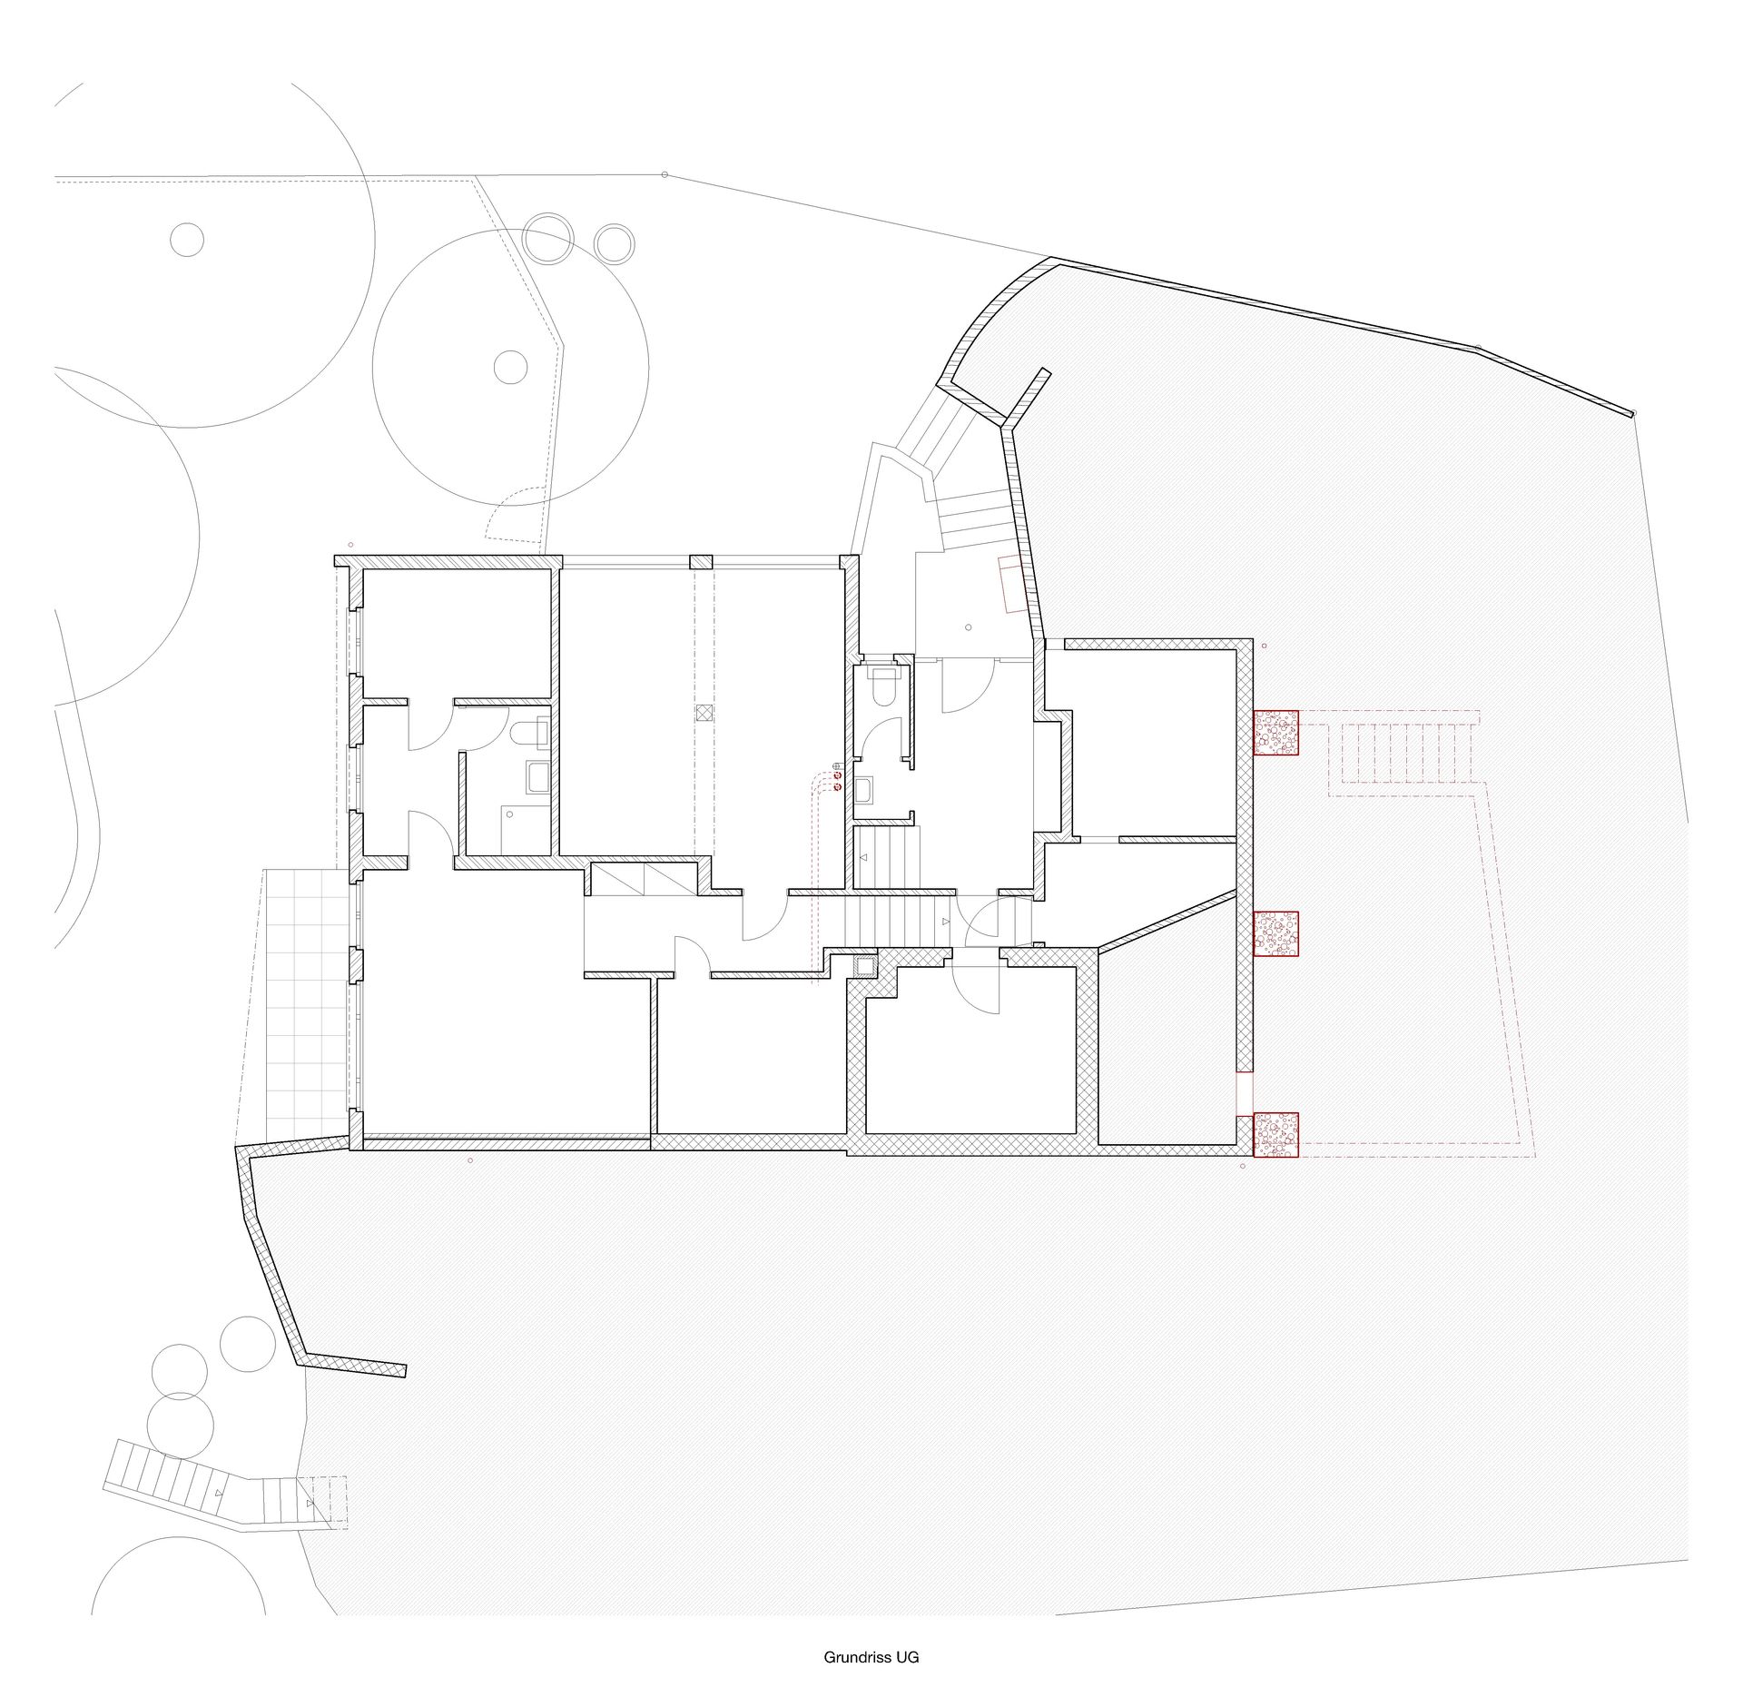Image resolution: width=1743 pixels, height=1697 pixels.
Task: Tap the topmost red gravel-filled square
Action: pos(1276,733)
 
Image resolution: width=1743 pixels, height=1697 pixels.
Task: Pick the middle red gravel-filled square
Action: pos(1276,933)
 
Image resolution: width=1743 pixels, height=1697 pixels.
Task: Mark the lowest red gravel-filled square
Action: pos(1276,1135)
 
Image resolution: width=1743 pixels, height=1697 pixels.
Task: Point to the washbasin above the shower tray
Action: pos(538,777)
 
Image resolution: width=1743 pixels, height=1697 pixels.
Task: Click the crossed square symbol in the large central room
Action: pos(704,713)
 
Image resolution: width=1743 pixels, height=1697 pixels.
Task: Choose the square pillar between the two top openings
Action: pos(701,562)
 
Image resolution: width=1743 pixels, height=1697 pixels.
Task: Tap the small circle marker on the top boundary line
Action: pos(665,174)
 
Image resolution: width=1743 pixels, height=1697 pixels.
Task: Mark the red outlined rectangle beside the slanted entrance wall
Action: pos(1011,586)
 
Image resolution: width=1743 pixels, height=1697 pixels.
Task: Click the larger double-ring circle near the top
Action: pos(549,239)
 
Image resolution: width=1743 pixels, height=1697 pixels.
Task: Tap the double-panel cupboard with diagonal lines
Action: pos(645,879)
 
